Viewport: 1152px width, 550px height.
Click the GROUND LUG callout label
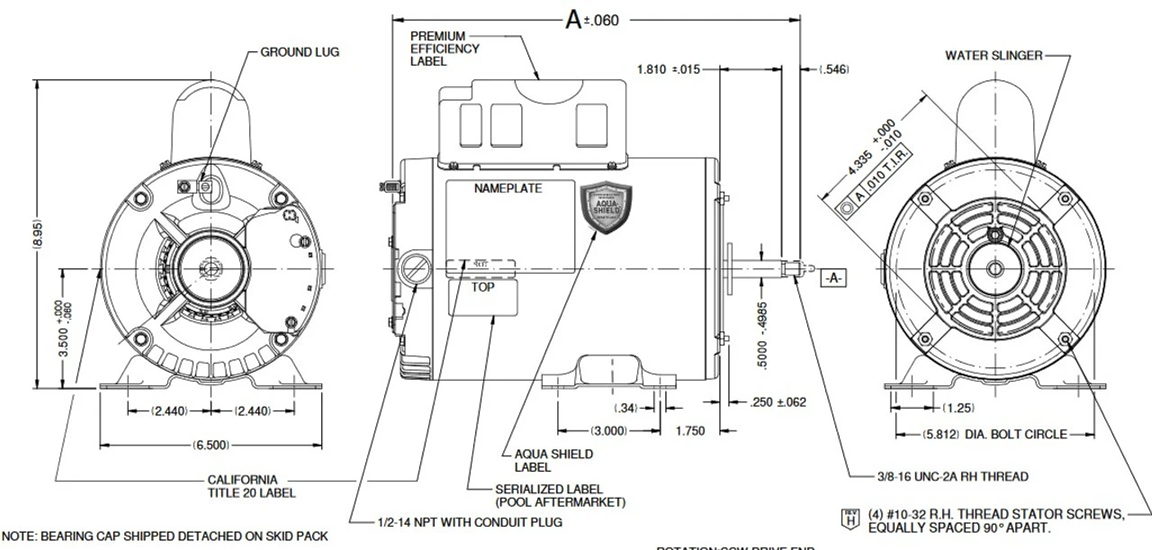[300, 52]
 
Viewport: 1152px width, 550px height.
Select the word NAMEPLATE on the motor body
[508, 190]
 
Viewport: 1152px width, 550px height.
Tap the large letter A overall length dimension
[573, 20]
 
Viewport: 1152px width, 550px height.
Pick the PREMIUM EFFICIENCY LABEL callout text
[445, 49]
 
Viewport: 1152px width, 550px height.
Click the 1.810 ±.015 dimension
[668, 69]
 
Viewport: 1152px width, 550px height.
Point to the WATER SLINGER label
[993, 56]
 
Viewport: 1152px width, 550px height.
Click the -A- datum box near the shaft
[832, 278]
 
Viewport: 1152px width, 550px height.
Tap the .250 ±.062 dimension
[778, 402]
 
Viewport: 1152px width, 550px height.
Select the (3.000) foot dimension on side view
[609, 430]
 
